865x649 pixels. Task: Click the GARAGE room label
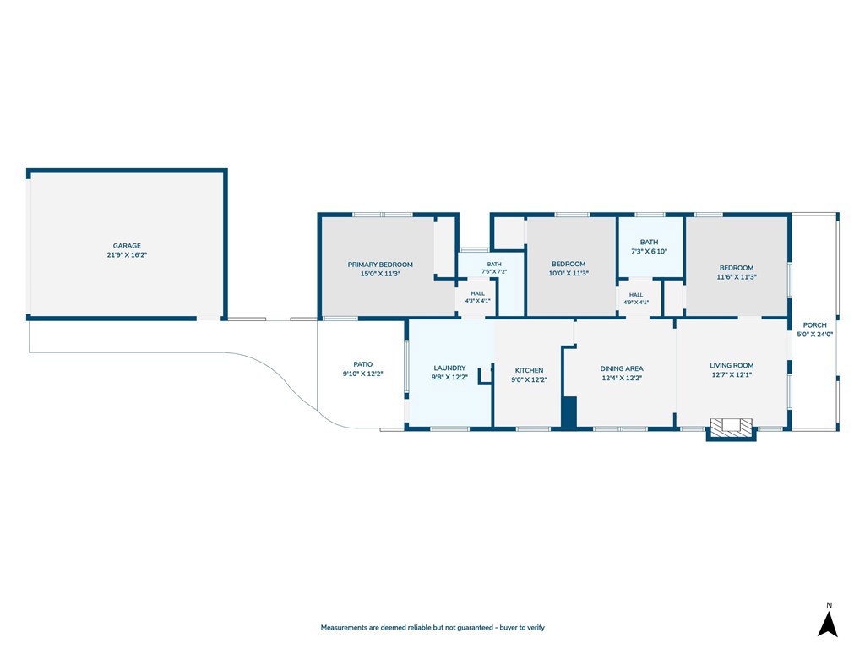tap(127, 246)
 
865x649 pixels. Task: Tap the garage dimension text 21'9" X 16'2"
tap(127, 255)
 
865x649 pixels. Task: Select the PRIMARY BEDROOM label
tap(380, 265)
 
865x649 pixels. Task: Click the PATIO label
tap(363, 364)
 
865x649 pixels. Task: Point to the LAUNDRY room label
tap(449, 368)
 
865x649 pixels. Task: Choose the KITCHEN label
tap(529, 370)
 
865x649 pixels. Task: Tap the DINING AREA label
tap(622, 368)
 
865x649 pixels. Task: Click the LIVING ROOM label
tap(732, 365)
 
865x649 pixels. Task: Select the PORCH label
tap(815, 325)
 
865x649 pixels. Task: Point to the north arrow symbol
tap(828, 624)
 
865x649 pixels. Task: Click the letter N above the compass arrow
tap(829, 605)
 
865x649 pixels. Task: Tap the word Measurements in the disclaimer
tap(344, 628)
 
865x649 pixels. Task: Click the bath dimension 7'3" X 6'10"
tap(650, 251)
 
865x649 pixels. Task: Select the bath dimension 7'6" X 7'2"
tap(494, 271)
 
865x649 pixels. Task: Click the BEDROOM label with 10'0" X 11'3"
tap(569, 264)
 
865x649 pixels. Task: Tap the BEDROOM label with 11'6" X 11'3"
tap(737, 268)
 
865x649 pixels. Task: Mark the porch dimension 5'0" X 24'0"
tap(815, 334)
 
